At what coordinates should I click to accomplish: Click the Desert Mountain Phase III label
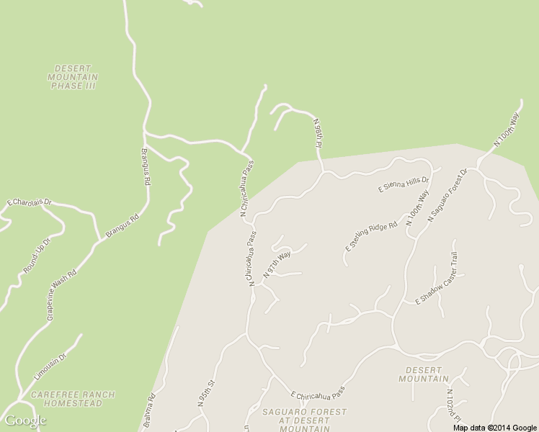pos(73,77)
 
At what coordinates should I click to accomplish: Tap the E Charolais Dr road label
pos(30,203)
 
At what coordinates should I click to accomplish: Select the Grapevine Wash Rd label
pos(61,296)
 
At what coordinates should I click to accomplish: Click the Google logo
pos(25,420)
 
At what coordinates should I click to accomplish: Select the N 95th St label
pos(207,394)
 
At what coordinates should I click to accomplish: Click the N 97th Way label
pos(277,265)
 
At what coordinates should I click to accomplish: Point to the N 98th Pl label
pos(318,135)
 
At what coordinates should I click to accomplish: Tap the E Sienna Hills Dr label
pos(404,184)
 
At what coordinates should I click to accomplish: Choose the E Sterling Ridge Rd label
pos(371,236)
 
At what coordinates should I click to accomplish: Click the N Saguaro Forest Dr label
pos(447,194)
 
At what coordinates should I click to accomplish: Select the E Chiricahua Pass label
pos(318,393)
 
